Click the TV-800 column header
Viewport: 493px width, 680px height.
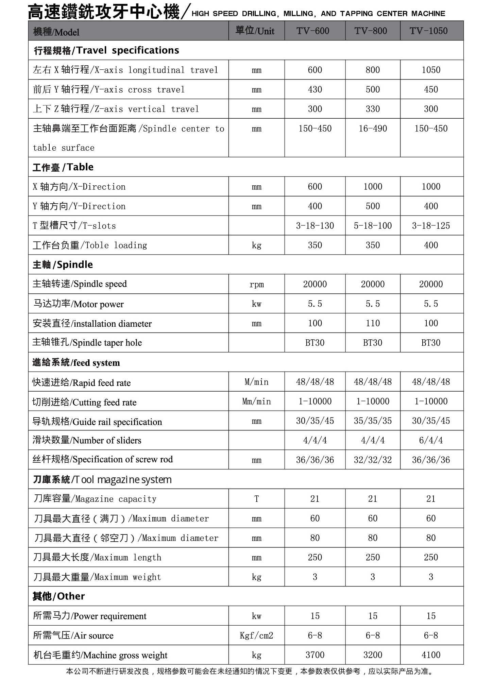[371, 31]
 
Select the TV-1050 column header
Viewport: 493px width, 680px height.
[428, 31]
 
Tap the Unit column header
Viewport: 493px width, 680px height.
[255, 31]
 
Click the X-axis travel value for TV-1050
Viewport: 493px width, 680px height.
[431, 70]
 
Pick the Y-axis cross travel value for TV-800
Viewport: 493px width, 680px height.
[373, 89]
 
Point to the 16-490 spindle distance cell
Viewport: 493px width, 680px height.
[373, 129]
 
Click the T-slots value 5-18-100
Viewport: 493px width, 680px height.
[373, 226]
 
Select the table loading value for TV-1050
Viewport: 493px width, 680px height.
[431, 245]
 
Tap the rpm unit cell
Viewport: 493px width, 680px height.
[256, 284]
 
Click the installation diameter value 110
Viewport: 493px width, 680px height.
[373, 323]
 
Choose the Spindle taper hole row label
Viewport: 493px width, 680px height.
[87, 342]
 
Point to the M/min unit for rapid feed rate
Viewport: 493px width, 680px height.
[256, 382]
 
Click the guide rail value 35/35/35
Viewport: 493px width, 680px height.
[373, 421]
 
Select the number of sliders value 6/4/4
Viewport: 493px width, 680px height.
[431, 440]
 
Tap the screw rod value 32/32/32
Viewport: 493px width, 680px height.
[373, 460]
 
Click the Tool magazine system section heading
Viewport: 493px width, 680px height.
[102, 479]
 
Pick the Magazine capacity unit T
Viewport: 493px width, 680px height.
[256, 499]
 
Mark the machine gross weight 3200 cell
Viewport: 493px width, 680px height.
[373, 655]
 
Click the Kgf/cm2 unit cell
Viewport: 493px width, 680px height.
[256, 635]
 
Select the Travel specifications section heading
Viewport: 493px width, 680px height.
[106, 50]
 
